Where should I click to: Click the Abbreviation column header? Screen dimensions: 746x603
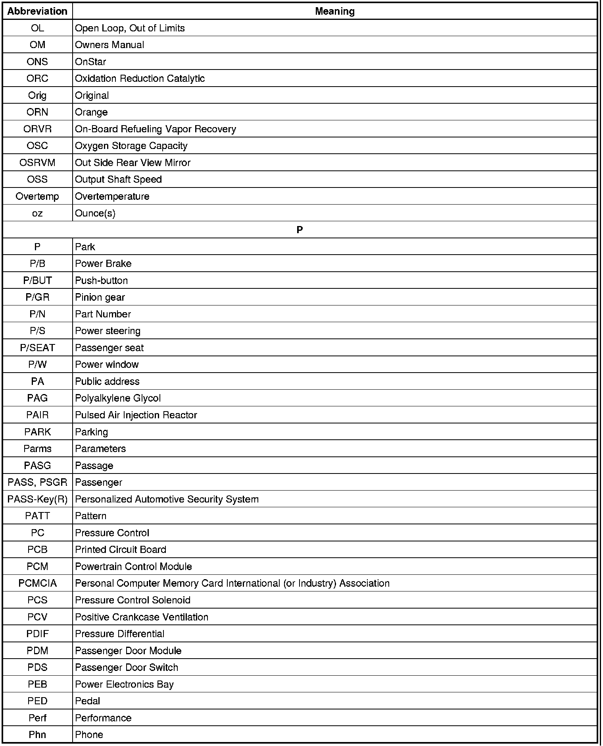pyautogui.click(x=37, y=12)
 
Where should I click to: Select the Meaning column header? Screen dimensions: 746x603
pyautogui.click(x=334, y=12)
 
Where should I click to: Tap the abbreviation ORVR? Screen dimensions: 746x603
pyautogui.click(x=37, y=129)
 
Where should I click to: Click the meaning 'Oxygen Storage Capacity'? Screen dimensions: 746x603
pyautogui.click(x=131, y=146)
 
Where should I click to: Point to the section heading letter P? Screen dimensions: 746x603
pyautogui.click(x=300, y=230)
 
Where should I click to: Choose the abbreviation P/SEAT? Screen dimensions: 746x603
pyautogui.click(x=37, y=348)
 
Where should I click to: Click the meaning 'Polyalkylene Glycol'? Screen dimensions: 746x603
pyautogui.click(x=118, y=398)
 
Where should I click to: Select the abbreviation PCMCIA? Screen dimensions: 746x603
pyautogui.click(x=37, y=584)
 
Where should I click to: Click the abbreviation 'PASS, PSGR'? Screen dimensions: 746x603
pyautogui.click(x=37, y=483)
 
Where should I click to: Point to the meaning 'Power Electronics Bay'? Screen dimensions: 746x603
pyautogui.click(x=124, y=684)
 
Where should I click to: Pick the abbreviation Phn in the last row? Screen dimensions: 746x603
pyautogui.click(x=37, y=735)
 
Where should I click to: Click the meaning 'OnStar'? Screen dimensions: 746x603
pyautogui.click(x=90, y=62)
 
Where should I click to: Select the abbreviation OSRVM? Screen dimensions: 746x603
pyautogui.click(x=37, y=163)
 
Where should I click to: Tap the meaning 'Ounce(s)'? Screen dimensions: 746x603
pyautogui.click(x=95, y=213)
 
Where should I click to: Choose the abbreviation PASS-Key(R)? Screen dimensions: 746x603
pyautogui.click(x=37, y=499)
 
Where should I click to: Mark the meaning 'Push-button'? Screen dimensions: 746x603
pyautogui.click(x=102, y=281)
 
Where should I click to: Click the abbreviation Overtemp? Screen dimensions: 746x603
pyautogui.click(x=37, y=197)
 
